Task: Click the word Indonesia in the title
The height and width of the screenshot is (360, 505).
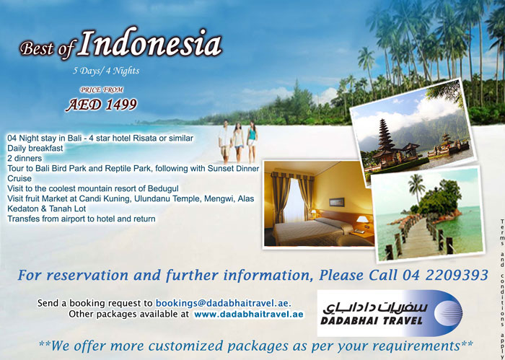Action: (151, 43)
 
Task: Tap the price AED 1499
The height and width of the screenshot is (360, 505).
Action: (102, 105)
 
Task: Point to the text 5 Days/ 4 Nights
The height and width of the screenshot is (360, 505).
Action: (106, 71)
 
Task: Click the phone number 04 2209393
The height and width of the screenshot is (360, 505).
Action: (445, 275)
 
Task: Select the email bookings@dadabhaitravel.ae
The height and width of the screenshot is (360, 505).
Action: (224, 303)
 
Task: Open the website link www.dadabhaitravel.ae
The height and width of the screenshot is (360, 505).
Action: (249, 315)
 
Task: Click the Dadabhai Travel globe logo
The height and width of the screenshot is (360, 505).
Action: (448, 313)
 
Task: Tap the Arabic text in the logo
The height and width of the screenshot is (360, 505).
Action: (375, 308)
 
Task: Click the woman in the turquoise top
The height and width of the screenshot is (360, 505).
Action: (252, 141)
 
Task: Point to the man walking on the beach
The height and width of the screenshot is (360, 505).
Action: (225, 141)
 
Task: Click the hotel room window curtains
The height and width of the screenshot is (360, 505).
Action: (292, 197)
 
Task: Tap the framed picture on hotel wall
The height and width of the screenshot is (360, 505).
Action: (337, 202)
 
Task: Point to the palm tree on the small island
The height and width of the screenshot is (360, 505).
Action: (416, 190)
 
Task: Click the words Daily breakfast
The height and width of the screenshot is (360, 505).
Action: (35, 148)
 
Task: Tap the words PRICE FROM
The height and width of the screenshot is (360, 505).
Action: (102, 90)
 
